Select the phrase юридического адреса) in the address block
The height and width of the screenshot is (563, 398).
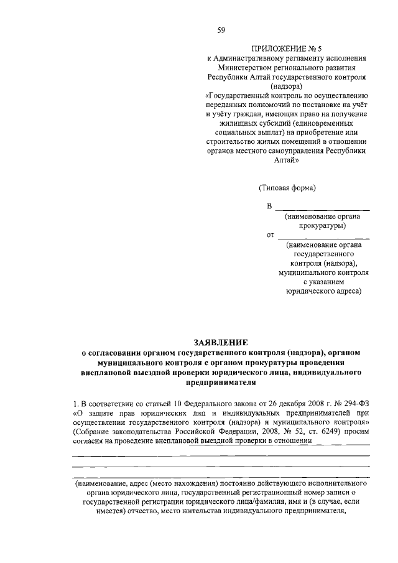[x=323, y=291]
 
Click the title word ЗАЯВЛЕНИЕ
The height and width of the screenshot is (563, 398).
[x=221, y=342]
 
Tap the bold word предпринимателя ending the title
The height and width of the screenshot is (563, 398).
[x=221, y=383]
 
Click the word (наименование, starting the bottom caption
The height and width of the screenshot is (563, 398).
[x=102, y=483]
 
